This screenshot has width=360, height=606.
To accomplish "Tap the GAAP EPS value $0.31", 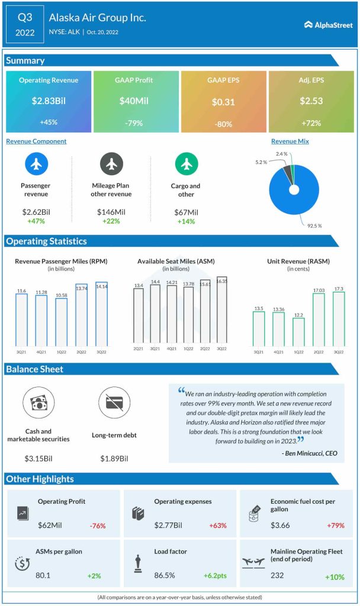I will click(223, 102).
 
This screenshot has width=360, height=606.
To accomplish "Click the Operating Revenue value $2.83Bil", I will click(49, 101).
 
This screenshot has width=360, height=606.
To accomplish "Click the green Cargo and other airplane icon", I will click(187, 163).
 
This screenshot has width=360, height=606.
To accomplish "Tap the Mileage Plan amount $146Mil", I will click(111, 212).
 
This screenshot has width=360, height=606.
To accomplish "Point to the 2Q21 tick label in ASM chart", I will click(138, 349).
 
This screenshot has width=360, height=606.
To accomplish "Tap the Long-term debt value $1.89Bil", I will click(114, 458).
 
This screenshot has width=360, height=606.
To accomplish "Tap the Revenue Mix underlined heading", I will click(290, 141).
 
